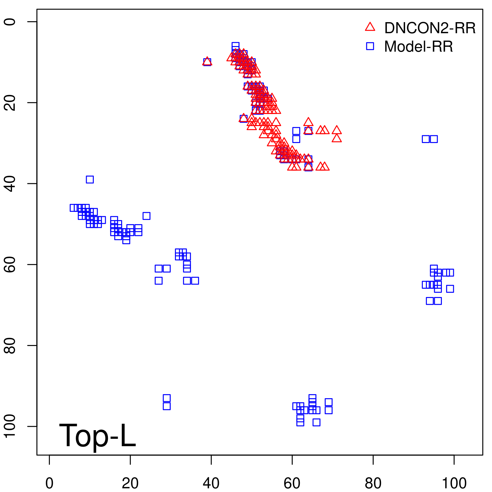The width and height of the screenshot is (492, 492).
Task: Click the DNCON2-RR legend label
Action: (x=430, y=28)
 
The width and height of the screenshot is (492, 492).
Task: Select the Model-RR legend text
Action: (x=418, y=47)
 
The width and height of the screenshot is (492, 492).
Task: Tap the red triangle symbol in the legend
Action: (x=370, y=27)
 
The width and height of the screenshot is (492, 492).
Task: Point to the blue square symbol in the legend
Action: (x=370, y=46)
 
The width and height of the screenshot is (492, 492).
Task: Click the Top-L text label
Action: (x=97, y=435)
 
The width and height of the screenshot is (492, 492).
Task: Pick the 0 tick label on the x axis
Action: (x=49, y=483)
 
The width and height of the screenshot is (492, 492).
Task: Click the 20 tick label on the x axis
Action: (x=130, y=483)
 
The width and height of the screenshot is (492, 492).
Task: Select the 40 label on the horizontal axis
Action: (x=211, y=483)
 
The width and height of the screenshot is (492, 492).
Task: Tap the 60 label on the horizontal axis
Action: (x=292, y=483)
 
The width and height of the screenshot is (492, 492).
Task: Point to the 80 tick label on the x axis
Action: (x=373, y=483)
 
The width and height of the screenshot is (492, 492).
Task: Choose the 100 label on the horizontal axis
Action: (x=454, y=483)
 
